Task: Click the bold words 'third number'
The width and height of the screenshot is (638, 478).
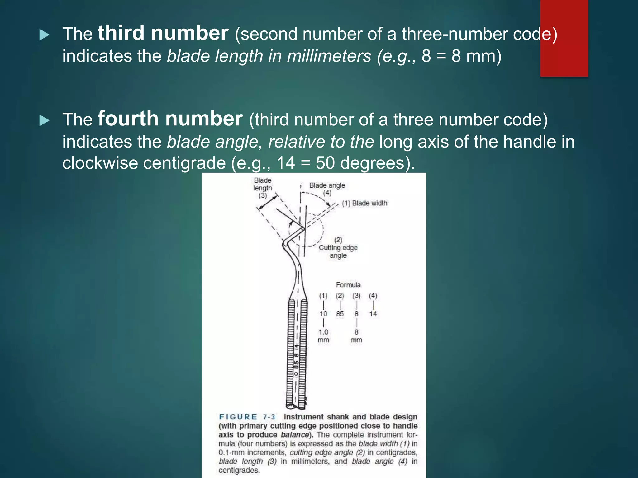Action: tap(163, 33)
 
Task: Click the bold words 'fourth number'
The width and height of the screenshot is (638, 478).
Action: tap(170, 119)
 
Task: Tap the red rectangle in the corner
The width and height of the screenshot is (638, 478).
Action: tap(564, 38)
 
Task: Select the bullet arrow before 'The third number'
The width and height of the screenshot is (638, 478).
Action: tap(45, 35)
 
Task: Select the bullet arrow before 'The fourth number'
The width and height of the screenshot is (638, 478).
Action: tap(45, 120)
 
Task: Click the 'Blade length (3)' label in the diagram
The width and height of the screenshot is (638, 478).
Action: tap(263, 188)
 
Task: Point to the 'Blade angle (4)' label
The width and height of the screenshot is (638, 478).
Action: tap(327, 189)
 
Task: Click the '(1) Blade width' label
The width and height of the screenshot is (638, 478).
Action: tap(364, 203)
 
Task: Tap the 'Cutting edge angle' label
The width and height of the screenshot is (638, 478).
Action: tap(338, 248)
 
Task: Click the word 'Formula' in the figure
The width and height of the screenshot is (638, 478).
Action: tap(348, 285)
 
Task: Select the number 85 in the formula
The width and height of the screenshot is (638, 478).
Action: tap(340, 314)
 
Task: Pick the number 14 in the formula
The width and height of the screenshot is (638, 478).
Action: tap(373, 314)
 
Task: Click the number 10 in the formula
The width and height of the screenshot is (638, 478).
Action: tap(323, 314)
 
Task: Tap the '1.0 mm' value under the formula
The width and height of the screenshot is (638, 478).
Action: tap(323, 336)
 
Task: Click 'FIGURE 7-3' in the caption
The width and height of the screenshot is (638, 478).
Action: tap(247, 417)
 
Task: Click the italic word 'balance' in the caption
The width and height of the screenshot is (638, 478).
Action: tap(294, 435)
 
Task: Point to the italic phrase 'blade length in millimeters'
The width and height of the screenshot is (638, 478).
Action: tap(269, 56)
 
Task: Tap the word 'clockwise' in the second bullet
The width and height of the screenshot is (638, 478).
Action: tap(100, 163)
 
